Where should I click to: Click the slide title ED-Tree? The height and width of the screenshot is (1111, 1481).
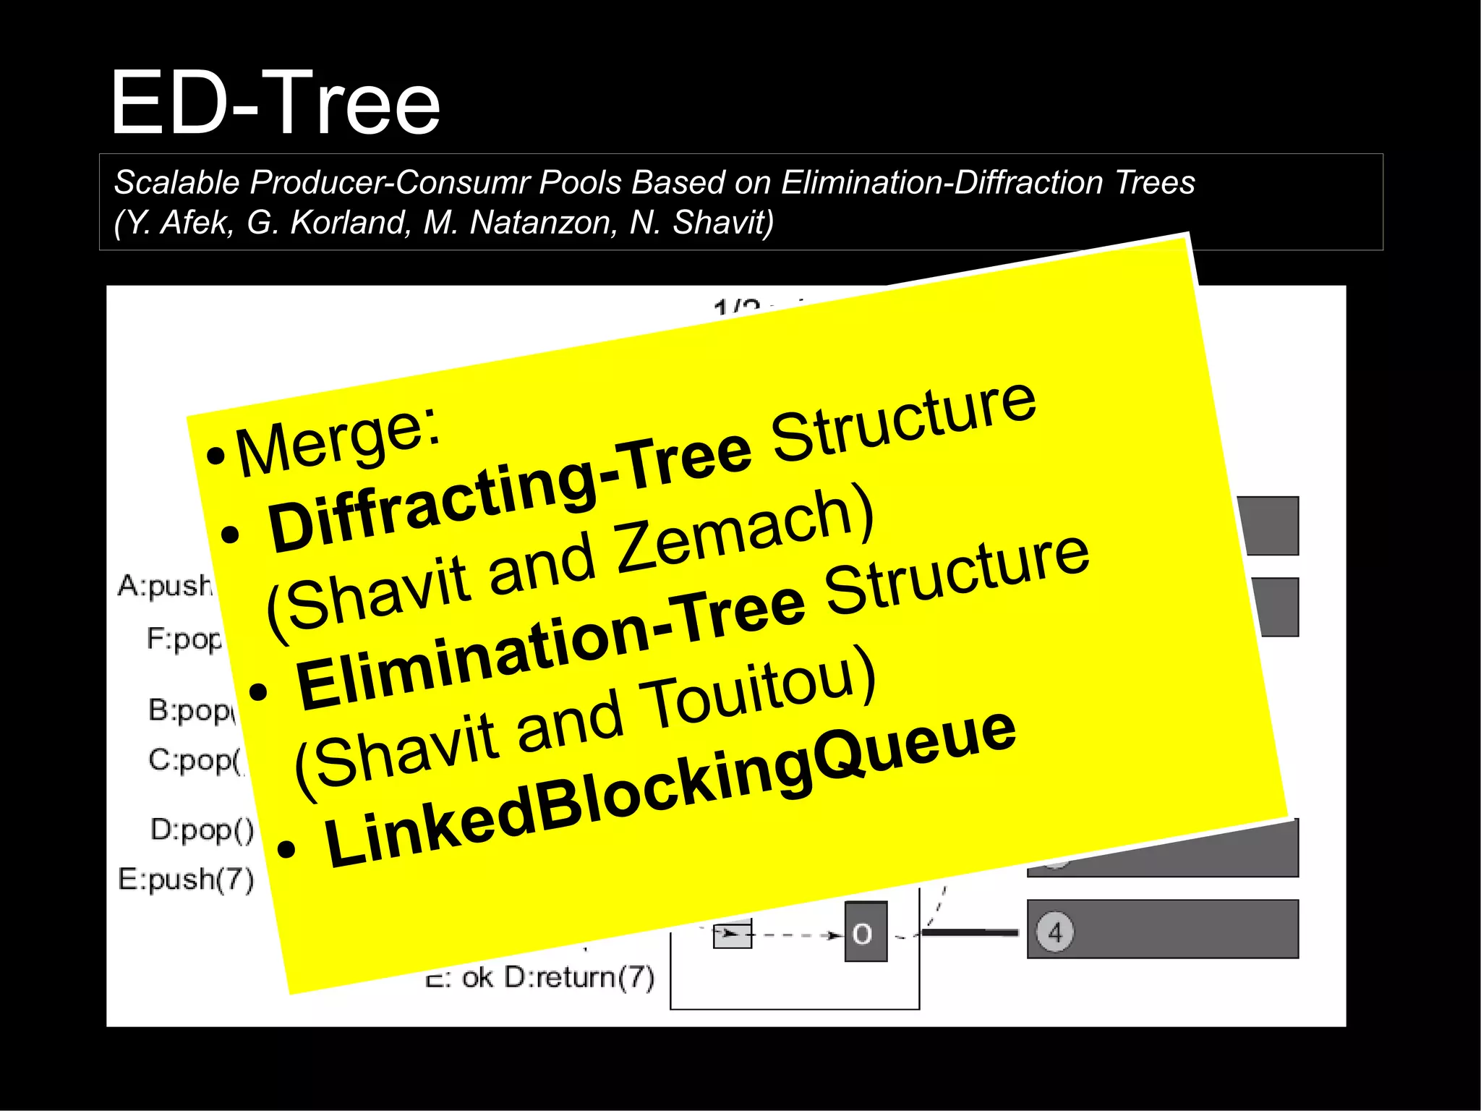[275, 103]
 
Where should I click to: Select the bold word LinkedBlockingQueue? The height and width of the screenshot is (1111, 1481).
[669, 792]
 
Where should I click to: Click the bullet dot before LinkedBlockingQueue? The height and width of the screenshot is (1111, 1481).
[286, 849]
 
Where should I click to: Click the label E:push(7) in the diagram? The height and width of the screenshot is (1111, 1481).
[186, 879]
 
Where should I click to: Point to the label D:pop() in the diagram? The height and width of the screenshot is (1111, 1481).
[202, 829]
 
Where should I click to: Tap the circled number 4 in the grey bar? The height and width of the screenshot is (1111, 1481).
[1054, 932]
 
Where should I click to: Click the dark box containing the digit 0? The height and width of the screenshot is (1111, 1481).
[865, 932]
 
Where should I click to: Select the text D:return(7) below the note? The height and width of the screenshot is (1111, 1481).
[579, 977]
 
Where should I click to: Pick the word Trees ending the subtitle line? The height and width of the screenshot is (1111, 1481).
[1155, 182]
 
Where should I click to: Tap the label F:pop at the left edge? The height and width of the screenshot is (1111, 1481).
[184, 638]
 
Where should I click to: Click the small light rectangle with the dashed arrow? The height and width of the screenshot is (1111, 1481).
[732, 934]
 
